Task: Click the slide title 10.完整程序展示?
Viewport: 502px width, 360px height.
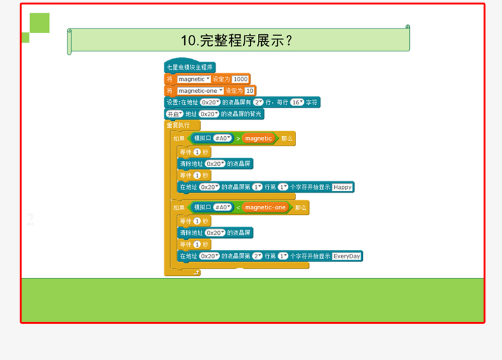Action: [236, 41]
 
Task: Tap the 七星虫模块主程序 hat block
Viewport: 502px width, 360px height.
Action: [189, 67]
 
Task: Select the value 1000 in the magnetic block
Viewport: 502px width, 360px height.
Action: [240, 79]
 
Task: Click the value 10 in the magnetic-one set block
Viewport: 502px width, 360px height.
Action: [250, 91]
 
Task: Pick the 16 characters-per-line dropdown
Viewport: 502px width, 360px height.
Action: [297, 102]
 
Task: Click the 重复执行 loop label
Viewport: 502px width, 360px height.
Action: [179, 126]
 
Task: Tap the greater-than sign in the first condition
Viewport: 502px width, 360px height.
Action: [238, 138]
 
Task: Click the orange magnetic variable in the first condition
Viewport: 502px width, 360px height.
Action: [257, 138]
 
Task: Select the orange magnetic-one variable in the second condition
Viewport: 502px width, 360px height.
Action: [265, 207]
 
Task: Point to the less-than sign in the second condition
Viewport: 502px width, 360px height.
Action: [238, 207]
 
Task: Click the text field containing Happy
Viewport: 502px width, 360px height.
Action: [343, 187]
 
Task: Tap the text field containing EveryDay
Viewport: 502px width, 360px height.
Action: [347, 256]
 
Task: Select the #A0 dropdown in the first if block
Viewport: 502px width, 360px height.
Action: [222, 138]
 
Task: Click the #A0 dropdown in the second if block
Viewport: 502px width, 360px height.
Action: [222, 207]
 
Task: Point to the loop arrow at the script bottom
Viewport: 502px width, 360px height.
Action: [196, 272]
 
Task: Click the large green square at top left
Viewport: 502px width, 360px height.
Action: [39, 23]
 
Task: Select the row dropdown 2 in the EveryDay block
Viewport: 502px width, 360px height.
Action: [257, 256]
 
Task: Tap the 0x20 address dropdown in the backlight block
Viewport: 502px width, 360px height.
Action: [209, 114]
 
